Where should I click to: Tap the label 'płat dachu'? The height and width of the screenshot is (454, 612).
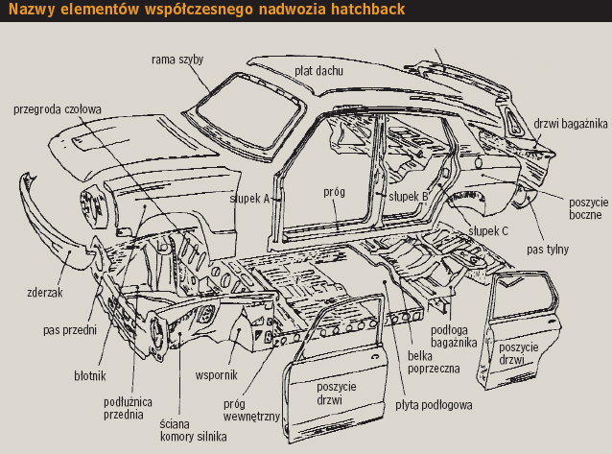[320, 71]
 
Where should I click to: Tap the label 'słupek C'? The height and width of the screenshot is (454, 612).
[488, 230]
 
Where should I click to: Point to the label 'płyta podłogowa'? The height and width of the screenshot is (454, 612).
[434, 405]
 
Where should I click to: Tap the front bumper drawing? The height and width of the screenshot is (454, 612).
[48, 226]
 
